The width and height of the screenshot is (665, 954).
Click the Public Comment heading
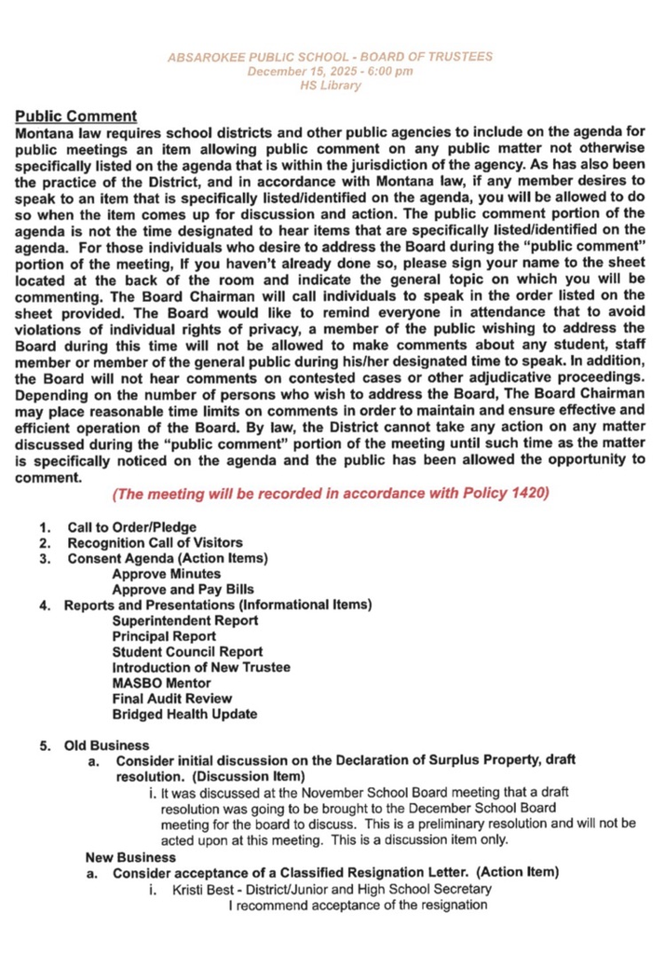tap(77, 116)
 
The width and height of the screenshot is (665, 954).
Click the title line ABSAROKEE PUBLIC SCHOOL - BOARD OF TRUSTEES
tap(331, 58)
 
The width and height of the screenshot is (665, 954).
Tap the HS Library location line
tap(330, 86)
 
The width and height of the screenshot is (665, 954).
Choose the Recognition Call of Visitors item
tap(155, 543)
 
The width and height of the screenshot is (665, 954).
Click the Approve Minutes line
tap(166, 574)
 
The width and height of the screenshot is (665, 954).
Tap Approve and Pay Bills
tap(183, 590)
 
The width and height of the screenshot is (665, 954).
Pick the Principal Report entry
tap(164, 636)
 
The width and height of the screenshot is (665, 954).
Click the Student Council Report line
tap(186, 652)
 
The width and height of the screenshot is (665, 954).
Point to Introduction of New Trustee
tap(200, 668)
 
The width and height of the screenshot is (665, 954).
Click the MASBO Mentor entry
tap(161, 683)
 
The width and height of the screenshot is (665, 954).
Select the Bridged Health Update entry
tap(184, 715)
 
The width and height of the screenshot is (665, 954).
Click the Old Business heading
tap(106, 745)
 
